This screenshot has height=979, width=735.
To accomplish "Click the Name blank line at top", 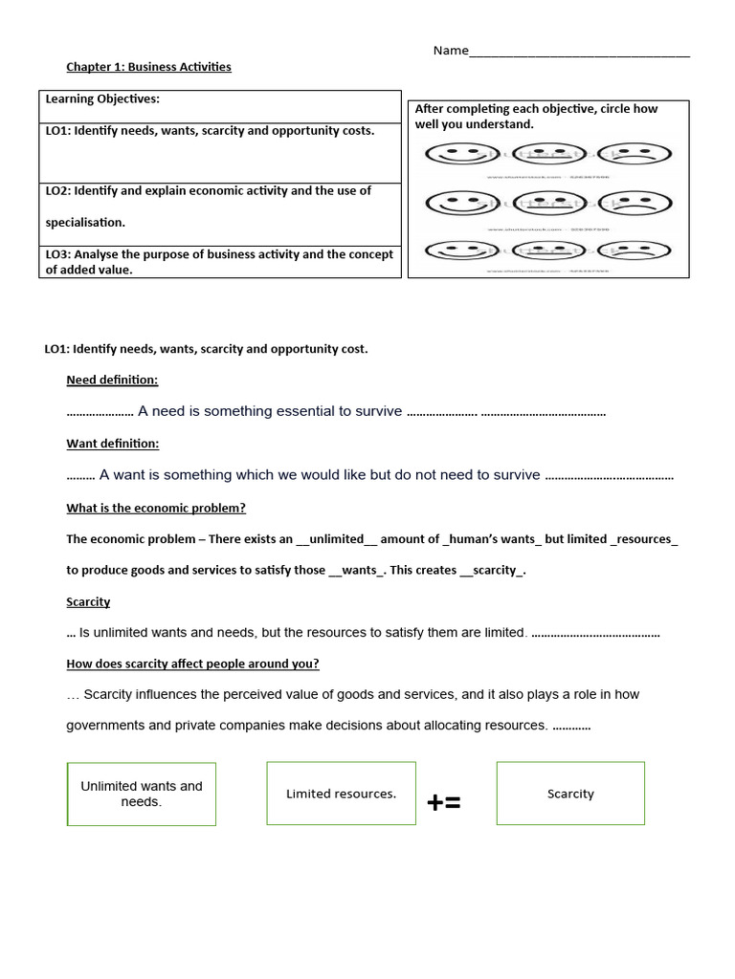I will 579,52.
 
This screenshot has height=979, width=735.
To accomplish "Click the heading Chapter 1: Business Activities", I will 148,67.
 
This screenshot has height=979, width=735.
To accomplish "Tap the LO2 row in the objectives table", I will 219,207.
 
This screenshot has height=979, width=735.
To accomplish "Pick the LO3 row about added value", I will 219,262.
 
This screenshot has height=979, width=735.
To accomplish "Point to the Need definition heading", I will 112,381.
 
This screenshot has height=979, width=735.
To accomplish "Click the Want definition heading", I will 112,444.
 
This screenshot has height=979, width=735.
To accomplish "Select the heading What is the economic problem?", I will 156,509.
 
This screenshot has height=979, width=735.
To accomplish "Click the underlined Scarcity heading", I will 88,602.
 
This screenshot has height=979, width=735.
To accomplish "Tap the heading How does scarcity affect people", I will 192,664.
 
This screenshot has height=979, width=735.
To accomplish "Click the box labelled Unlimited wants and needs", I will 142,794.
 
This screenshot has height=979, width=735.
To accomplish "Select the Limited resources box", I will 341,794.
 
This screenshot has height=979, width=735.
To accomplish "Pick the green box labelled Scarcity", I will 570,794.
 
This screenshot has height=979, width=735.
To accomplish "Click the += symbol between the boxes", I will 444,803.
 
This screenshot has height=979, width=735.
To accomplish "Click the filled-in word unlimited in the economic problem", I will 337,539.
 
